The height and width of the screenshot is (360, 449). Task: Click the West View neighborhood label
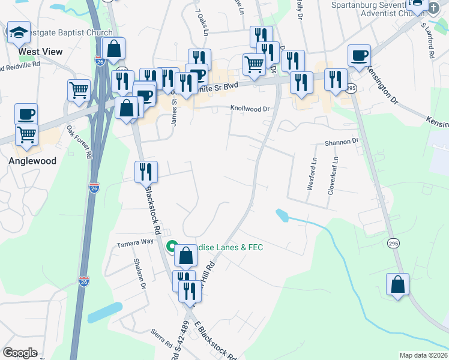40,52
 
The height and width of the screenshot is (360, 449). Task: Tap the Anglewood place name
32,161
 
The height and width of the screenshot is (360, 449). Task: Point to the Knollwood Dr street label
251,109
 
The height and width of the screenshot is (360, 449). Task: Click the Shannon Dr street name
341,142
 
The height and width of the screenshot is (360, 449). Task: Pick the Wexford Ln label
312,174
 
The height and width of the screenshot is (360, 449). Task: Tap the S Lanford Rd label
427,41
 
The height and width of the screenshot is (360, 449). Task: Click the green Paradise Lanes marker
171,247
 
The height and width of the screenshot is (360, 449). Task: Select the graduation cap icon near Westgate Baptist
19,33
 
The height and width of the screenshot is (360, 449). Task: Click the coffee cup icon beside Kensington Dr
360,56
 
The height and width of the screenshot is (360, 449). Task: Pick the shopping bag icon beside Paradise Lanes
187,256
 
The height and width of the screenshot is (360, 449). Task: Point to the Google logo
20,353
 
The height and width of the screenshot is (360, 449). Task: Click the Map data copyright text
423,355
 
